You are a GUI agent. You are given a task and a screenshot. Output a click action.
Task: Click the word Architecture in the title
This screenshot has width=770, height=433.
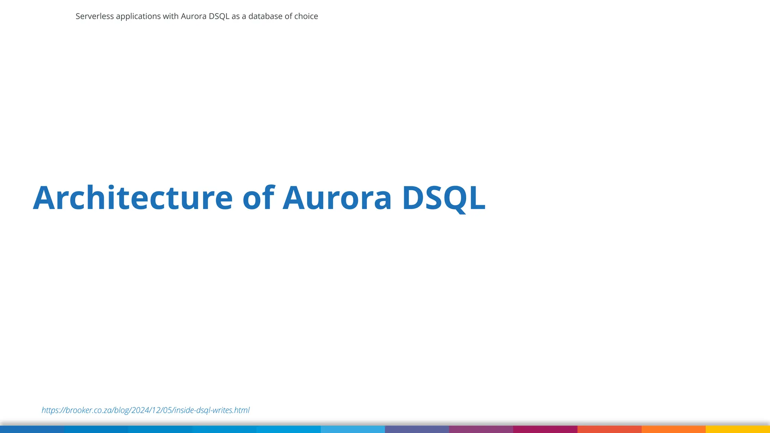point(133,198)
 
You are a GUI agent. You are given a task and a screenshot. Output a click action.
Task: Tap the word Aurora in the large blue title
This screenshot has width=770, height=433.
point(337,198)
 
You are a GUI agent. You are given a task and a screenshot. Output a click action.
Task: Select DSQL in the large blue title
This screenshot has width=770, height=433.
point(444,198)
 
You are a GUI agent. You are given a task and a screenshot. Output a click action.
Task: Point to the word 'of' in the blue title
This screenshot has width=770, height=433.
point(259,198)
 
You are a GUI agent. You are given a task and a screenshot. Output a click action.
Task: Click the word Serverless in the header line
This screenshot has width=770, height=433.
point(95,16)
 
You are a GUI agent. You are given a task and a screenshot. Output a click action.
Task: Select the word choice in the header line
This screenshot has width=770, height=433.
point(306,16)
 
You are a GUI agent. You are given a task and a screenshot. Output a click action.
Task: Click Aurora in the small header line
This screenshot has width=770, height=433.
point(194,16)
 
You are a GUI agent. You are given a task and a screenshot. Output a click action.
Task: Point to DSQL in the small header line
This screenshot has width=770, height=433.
point(219,16)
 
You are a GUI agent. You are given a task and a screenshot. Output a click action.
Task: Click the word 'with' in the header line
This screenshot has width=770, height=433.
point(171,16)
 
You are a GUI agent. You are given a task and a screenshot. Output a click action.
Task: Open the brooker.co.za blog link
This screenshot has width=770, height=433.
point(146,410)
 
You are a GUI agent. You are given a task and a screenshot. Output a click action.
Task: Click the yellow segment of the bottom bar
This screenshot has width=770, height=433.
point(738,429)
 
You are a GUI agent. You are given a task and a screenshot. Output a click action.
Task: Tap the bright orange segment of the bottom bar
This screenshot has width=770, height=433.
point(673,429)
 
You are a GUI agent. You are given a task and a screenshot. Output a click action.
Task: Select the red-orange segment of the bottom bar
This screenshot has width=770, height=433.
point(609,429)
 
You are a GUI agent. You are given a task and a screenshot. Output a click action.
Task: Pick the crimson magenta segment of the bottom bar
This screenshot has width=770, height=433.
point(545,429)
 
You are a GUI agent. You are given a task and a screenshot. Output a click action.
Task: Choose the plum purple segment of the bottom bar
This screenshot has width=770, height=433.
point(481,429)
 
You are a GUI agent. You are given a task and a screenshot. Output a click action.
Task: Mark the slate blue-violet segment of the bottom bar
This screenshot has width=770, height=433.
point(417,429)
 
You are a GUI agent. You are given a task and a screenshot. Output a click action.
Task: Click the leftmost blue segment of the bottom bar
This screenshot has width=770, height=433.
point(32,429)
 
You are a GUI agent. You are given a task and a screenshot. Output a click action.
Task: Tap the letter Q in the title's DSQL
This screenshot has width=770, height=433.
point(453,198)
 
